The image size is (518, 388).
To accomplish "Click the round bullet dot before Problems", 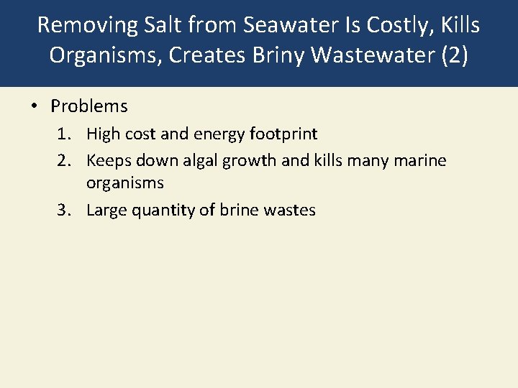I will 34,106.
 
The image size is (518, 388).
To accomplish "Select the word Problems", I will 89,106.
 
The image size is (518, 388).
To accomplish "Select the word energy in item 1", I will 230,134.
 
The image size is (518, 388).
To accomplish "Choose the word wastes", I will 289,211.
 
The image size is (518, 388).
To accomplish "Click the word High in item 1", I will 102,134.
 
